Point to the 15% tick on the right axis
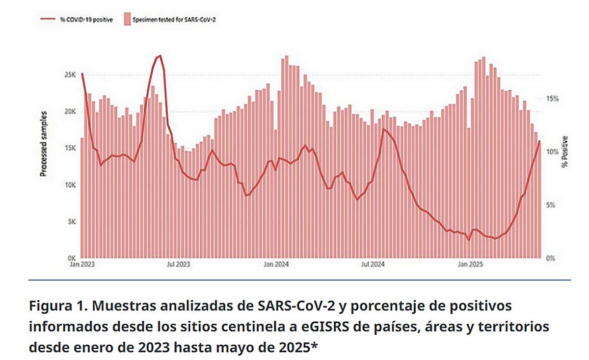553,99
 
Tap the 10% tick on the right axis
553,152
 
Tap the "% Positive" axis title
565,152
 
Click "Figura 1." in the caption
57,307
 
